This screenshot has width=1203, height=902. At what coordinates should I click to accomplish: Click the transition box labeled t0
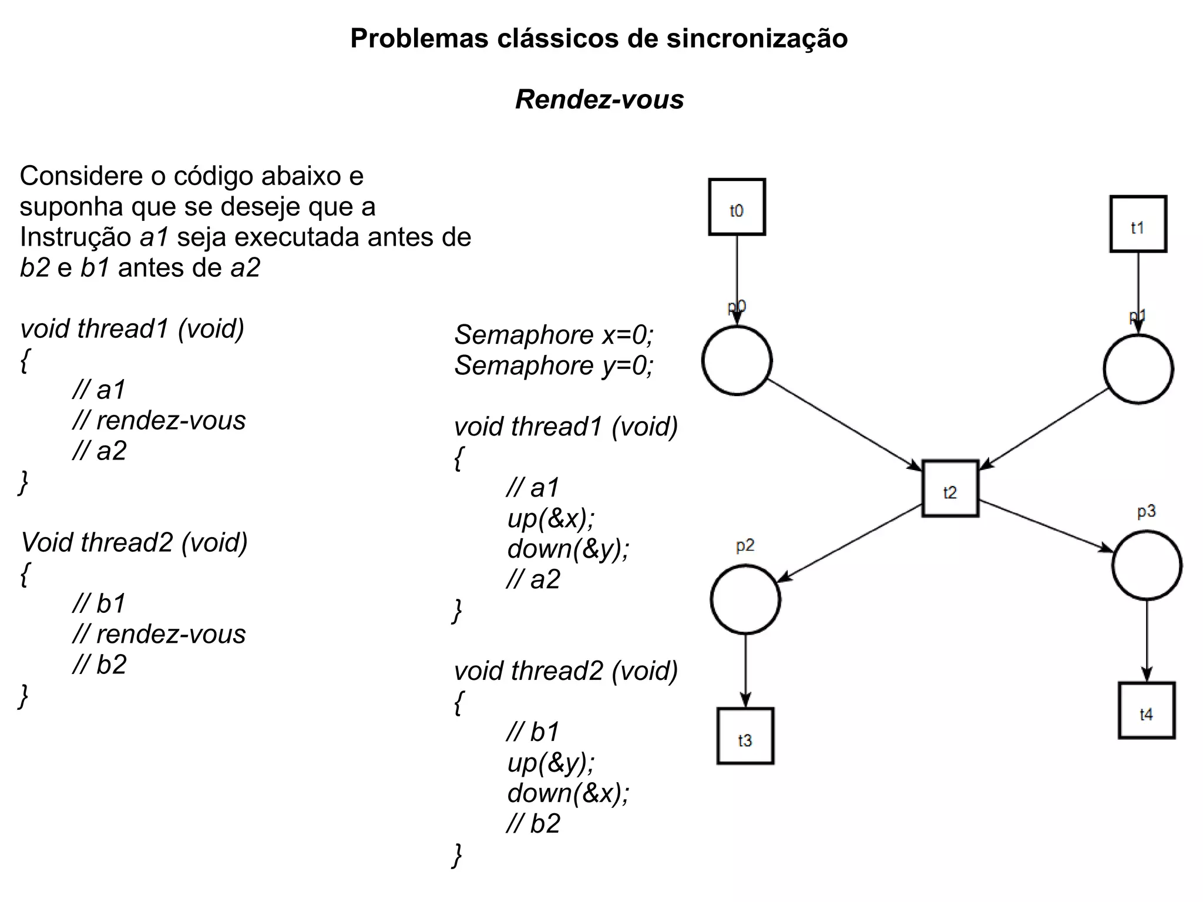(x=737, y=207)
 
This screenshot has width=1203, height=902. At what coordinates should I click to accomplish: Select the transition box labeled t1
(x=1138, y=224)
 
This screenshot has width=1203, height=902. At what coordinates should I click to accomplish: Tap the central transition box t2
(x=950, y=488)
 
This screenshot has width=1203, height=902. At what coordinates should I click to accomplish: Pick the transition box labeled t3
(x=745, y=736)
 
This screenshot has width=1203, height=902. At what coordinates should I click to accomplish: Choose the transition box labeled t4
(x=1146, y=710)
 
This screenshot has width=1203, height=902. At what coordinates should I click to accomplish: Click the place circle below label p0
(x=737, y=360)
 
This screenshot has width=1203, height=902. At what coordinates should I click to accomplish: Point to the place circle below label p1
(x=1138, y=369)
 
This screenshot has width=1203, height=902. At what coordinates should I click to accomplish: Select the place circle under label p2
(x=745, y=599)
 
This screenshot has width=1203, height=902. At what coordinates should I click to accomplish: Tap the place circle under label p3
(x=1146, y=565)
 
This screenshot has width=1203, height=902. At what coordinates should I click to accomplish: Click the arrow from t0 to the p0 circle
(x=737, y=276)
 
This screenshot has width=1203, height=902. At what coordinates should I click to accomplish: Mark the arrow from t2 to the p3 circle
(x=1046, y=526)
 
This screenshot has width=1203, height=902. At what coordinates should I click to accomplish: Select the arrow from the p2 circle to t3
(x=745, y=670)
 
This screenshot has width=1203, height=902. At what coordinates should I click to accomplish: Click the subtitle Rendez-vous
(x=599, y=99)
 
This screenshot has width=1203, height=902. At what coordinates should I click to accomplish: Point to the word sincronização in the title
(x=757, y=39)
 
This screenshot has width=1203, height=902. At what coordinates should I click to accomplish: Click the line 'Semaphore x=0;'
(x=553, y=335)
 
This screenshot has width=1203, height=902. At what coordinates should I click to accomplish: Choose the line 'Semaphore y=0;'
(x=553, y=366)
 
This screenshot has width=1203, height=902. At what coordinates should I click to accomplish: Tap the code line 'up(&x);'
(x=551, y=518)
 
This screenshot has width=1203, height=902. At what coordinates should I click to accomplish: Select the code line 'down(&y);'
(x=568, y=549)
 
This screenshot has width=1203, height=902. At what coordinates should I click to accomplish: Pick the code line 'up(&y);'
(x=551, y=763)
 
